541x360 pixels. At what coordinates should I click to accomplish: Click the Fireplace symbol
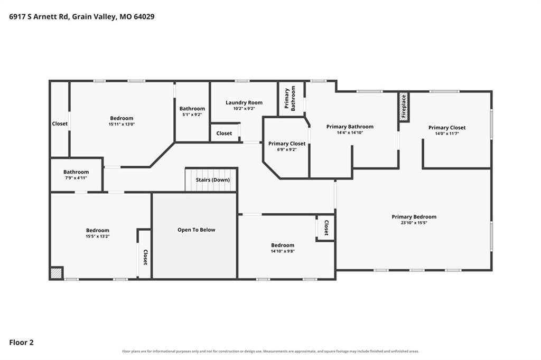point(404,107)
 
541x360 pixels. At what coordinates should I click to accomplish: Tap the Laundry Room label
point(244,102)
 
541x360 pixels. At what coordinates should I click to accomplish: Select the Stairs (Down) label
point(212,179)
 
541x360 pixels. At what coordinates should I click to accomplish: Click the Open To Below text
point(197,230)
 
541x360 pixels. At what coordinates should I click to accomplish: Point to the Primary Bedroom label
point(414,216)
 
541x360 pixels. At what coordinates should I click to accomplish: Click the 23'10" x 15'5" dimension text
point(414,223)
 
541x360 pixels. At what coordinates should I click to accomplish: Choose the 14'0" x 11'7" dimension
point(447,134)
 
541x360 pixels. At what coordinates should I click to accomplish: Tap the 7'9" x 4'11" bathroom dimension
point(76,178)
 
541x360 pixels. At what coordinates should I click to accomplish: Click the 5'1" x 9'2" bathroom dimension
point(192,115)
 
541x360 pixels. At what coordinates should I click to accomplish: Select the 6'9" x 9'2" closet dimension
point(287,150)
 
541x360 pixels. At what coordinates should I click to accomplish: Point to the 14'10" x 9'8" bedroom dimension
point(283,251)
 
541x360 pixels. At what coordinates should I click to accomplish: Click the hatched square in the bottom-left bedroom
point(56,273)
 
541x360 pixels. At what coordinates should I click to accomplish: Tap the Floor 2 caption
point(21,343)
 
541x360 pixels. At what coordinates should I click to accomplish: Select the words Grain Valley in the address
point(94,17)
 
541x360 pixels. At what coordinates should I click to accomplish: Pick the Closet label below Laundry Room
point(224,133)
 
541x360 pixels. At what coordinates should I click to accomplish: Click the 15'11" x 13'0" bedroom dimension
point(122,124)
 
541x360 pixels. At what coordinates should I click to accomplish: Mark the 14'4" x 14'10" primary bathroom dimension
point(350,133)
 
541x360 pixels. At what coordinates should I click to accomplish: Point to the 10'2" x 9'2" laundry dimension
point(244,109)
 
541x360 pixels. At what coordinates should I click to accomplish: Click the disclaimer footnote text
point(270,352)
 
